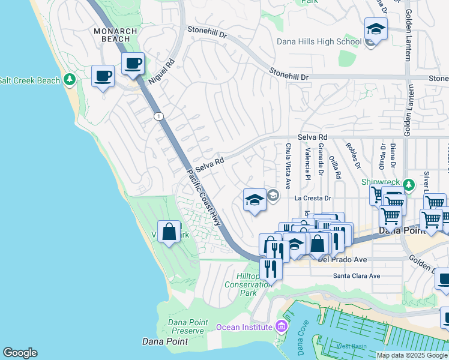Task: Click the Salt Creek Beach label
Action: (29, 80)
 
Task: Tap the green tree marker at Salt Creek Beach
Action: (70, 79)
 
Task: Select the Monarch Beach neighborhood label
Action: (115, 35)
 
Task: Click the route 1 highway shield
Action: (158, 116)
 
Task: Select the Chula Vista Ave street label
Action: (288, 163)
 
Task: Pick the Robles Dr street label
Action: (352, 155)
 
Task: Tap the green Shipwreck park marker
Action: (409, 184)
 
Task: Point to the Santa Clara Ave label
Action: (357, 276)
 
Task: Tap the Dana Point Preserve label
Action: (187, 326)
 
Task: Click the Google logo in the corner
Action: (20, 353)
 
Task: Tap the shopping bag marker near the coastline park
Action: (169, 231)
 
